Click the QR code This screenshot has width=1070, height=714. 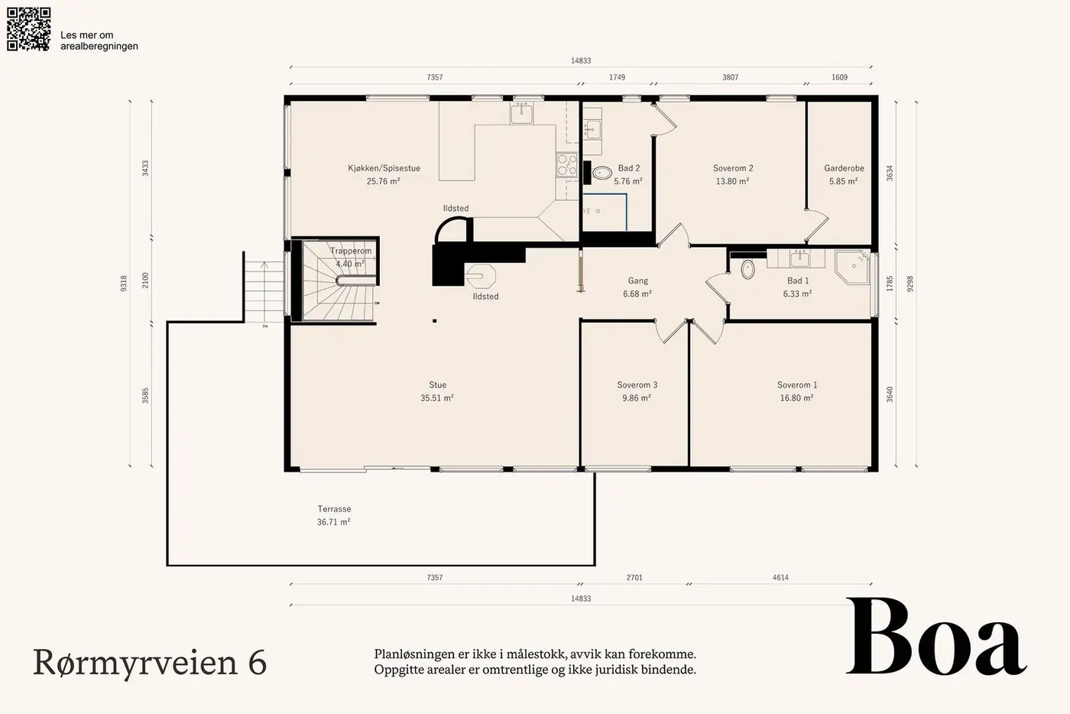click(29, 29)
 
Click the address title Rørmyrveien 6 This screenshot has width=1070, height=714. click(150, 662)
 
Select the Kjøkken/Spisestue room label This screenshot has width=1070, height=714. click(384, 168)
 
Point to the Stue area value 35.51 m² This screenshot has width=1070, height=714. click(437, 398)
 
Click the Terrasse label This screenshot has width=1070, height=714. click(335, 509)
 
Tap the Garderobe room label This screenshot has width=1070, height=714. click(844, 168)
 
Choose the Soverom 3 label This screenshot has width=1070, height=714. click(637, 385)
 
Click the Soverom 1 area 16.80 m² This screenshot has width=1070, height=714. click(796, 398)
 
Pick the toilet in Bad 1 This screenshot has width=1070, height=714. click(747, 268)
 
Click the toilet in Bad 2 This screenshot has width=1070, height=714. click(602, 173)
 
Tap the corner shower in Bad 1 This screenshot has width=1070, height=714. click(853, 267)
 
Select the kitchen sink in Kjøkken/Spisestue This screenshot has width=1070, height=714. click(521, 113)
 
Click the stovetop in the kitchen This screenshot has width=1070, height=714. click(567, 164)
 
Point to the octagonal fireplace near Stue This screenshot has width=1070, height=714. click(481, 276)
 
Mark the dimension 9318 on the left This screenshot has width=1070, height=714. click(124, 284)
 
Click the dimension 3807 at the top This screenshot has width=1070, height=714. click(731, 77)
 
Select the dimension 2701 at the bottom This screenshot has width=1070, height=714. click(634, 577)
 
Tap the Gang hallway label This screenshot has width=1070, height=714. click(638, 281)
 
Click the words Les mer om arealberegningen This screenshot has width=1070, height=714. click(99, 41)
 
